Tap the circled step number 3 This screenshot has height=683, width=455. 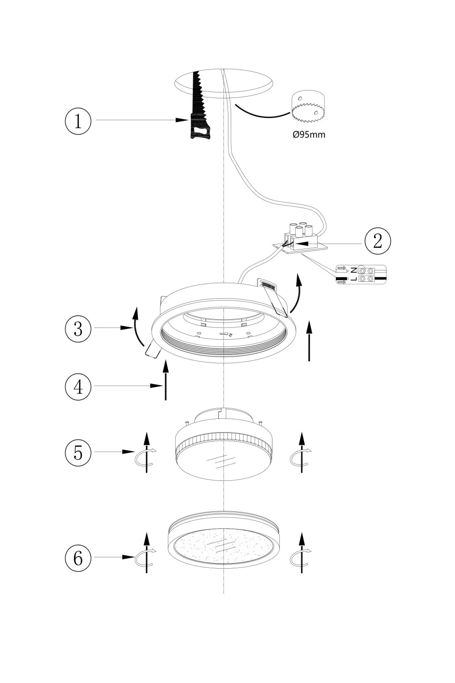coord(78,328)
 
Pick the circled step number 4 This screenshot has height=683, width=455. coord(78,387)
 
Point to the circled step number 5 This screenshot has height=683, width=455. coord(78,453)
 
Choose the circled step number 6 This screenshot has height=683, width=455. coord(78,557)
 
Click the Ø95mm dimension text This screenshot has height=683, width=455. coord(309,135)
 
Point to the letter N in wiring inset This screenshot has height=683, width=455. coord(354,270)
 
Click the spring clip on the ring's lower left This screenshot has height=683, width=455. coord(152,350)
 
